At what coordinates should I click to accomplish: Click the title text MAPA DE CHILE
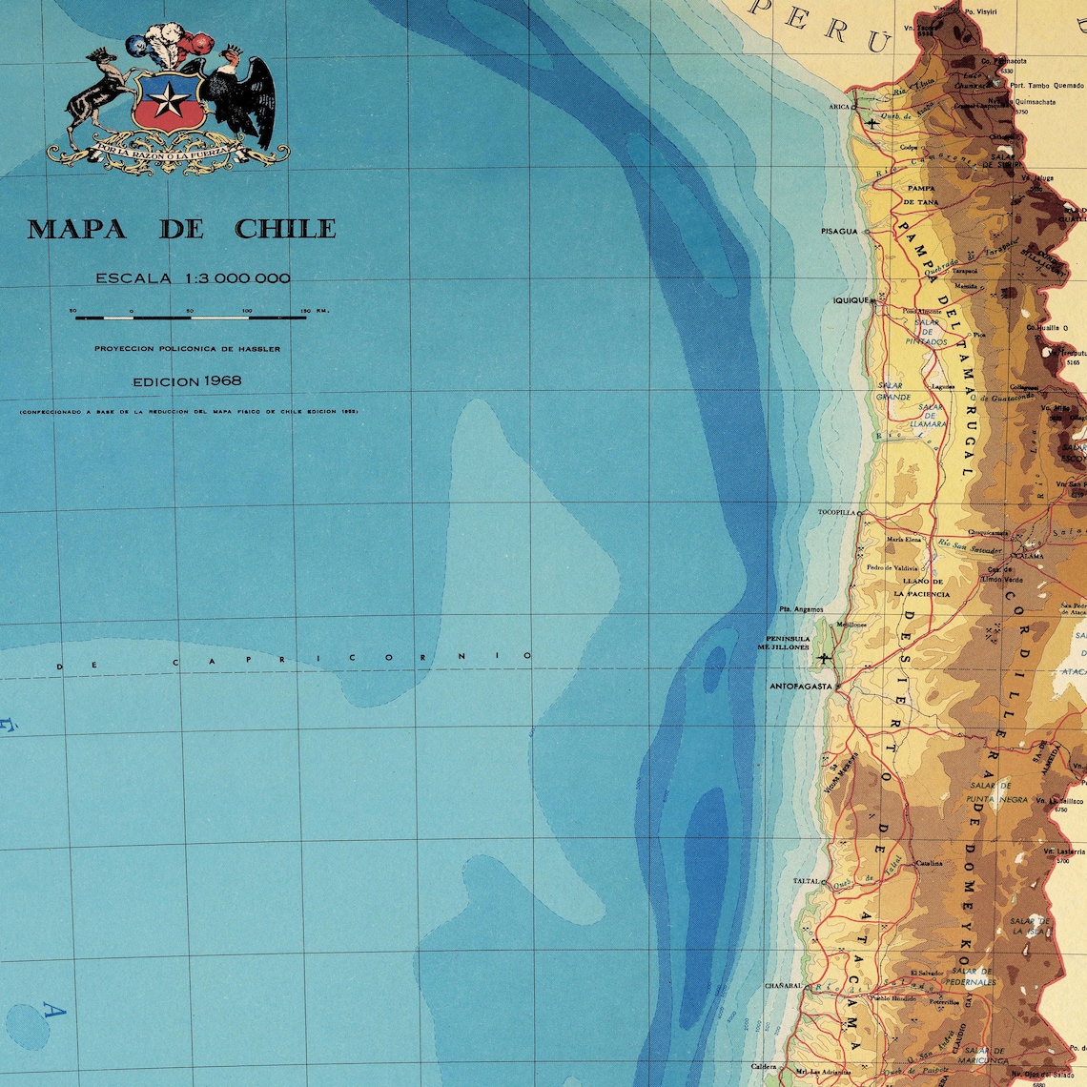[x=181, y=229]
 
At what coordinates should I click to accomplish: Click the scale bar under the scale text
[x=191, y=317]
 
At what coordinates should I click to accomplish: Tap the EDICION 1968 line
[x=187, y=380]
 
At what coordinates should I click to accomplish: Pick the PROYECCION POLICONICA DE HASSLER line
[x=187, y=349]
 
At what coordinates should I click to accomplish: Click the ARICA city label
[x=839, y=107]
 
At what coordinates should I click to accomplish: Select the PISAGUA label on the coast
[x=839, y=231]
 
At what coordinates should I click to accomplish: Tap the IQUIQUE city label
[x=851, y=300]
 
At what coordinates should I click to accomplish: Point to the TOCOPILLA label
[x=836, y=512]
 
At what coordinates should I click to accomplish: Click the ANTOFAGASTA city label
[x=800, y=686]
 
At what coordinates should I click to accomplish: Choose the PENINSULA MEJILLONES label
[x=784, y=643]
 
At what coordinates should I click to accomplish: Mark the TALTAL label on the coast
[x=807, y=881]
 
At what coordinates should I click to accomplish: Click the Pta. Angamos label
[x=799, y=609]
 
